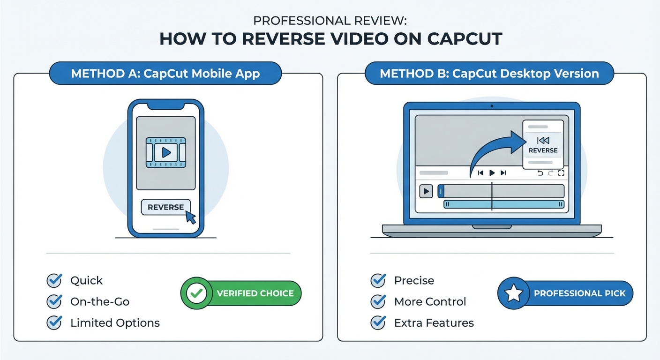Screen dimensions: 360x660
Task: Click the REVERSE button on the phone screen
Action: pyautogui.click(x=165, y=207)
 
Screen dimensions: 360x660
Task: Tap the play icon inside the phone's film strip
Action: pyautogui.click(x=165, y=152)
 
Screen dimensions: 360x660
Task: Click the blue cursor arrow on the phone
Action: pyautogui.click(x=190, y=217)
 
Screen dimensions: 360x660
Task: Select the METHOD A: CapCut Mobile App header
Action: pyautogui.click(x=165, y=74)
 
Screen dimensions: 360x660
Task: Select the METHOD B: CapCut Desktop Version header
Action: pyautogui.click(x=489, y=74)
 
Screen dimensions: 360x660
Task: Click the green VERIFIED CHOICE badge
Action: pyautogui.click(x=241, y=293)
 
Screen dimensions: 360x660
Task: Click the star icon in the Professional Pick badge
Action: pyautogui.click(x=513, y=293)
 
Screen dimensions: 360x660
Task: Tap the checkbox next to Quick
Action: pyautogui.click(x=54, y=280)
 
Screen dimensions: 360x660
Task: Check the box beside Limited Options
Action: pyautogui.click(x=54, y=322)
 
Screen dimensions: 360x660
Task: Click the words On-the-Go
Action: pyautogui.click(x=99, y=301)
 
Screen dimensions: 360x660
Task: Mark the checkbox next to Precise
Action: pyautogui.click(x=378, y=280)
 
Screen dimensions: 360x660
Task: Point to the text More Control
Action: pyautogui.click(x=430, y=301)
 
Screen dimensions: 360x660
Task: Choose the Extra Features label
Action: pyautogui.click(x=434, y=322)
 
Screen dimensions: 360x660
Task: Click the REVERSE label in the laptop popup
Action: pyautogui.click(x=543, y=150)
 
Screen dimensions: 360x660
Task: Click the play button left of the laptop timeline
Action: pyautogui.click(x=426, y=191)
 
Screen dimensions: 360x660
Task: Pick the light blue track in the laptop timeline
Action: pyautogui.click(x=503, y=204)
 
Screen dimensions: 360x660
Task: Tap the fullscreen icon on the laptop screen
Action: pyautogui.click(x=561, y=173)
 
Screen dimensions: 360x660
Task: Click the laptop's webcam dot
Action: pyautogui.click(x=492, y=106)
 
